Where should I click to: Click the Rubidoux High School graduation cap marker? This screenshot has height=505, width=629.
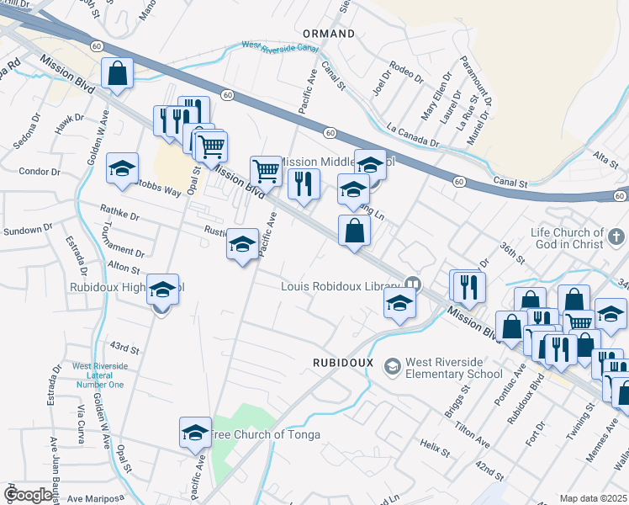pos(162,290)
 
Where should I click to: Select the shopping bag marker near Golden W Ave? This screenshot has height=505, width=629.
pos(118,74)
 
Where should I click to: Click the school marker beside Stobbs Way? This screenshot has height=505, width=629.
pos(122,168)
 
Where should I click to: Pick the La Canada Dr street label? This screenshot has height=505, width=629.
pos(413,136)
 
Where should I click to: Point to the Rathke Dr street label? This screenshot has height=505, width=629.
pos(119,213)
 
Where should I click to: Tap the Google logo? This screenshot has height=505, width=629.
pos(28,495)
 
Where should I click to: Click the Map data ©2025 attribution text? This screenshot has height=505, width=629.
pos(593,498)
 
